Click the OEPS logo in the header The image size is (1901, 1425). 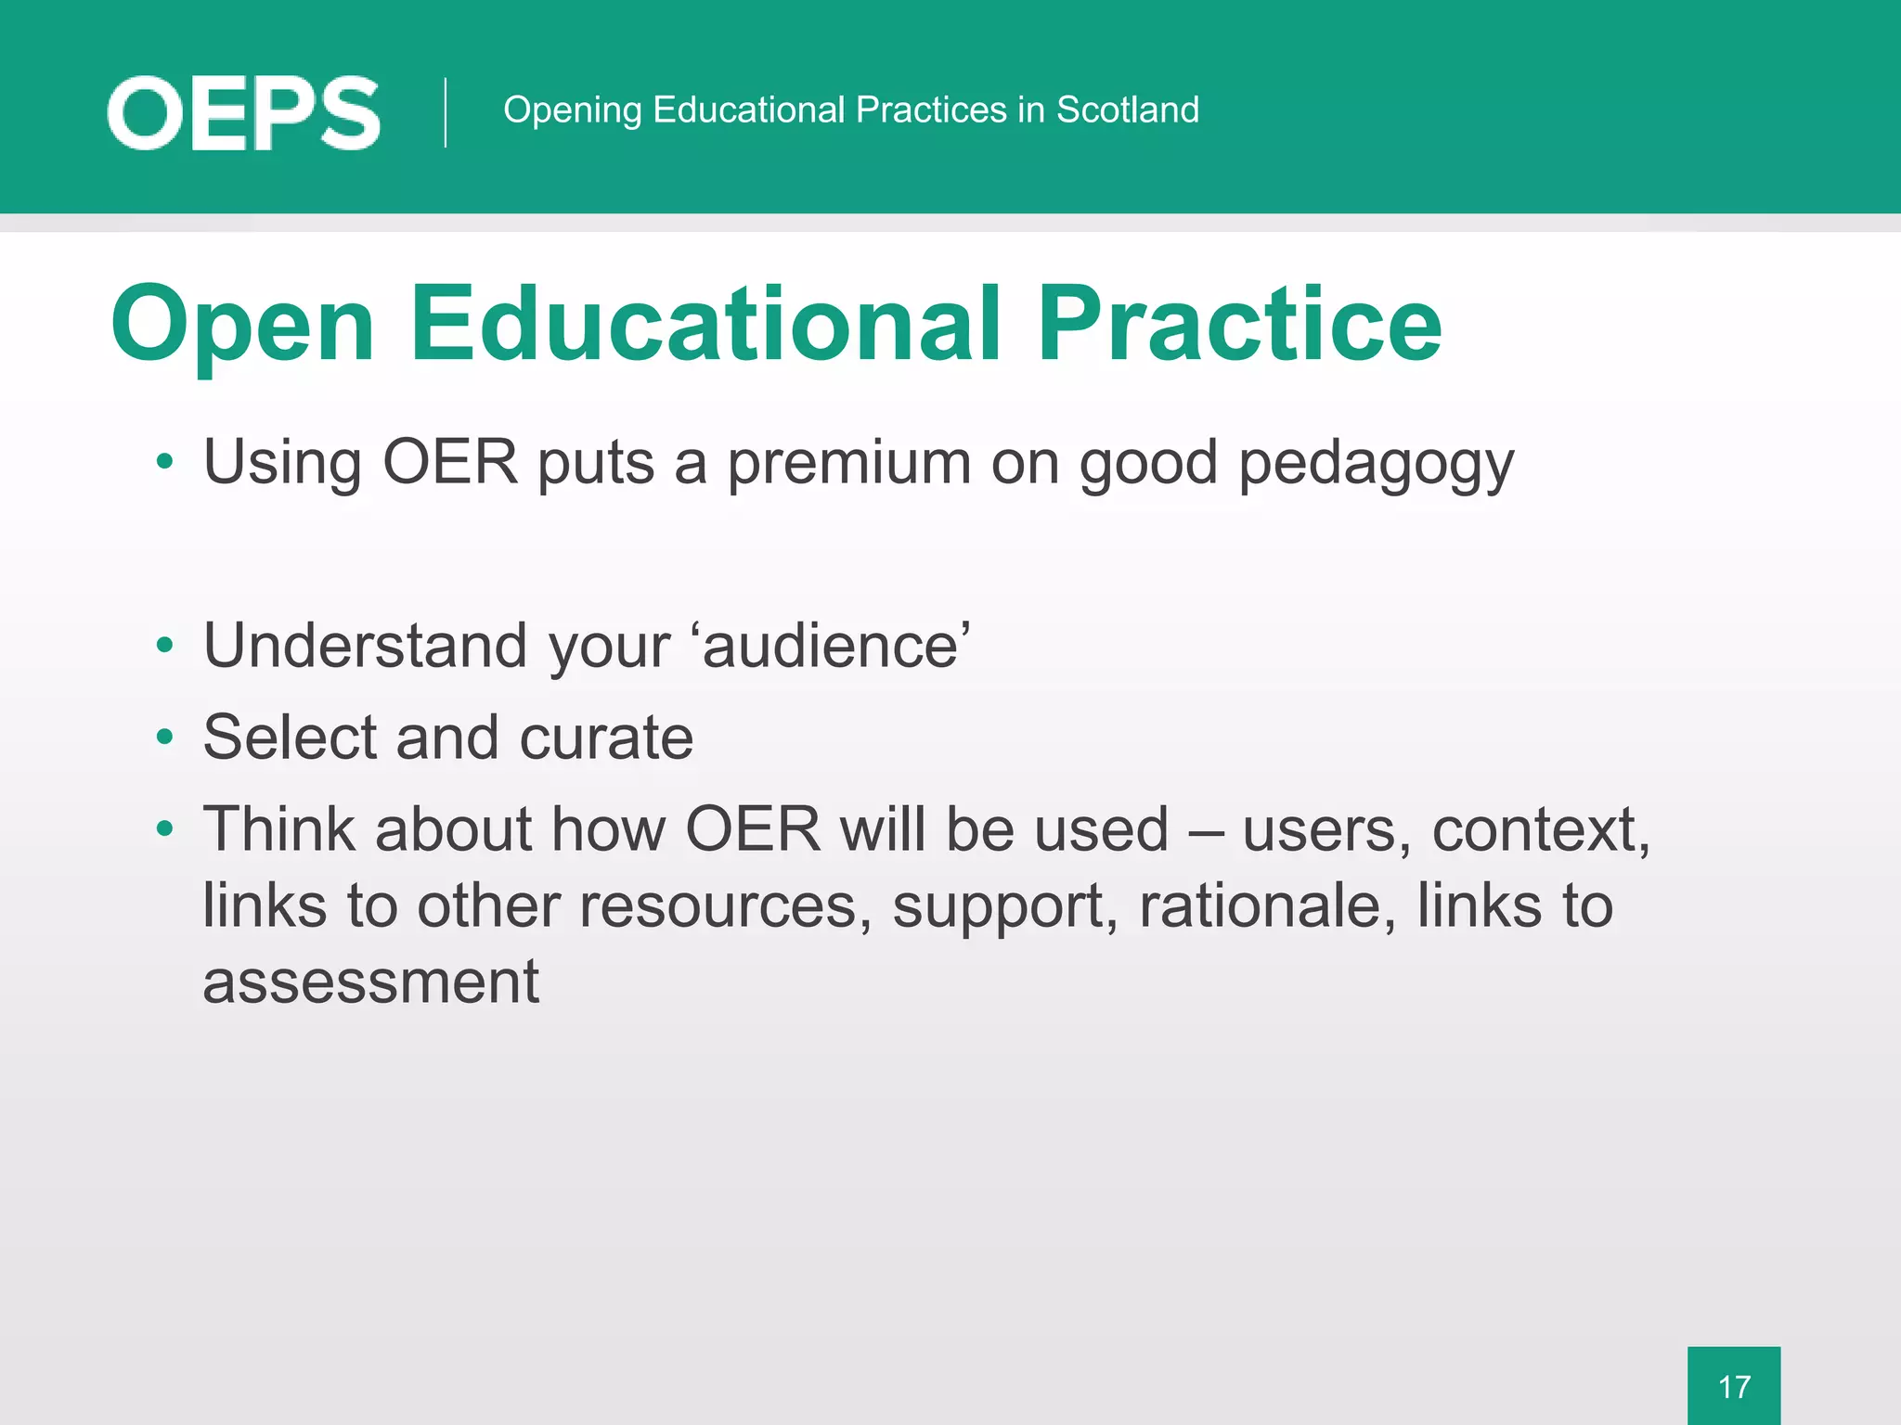(x=243, y=113)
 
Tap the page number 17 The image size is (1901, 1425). (x=1733, y=1387)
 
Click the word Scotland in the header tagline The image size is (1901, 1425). (x=1127, y=109)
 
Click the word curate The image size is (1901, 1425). (x=606, y=738)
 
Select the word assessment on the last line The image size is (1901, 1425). (x=370, y=982)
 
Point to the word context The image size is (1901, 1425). (x=1540, y=829)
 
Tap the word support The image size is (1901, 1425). (x=1004, y=907)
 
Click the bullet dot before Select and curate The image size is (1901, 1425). (x=165, y=738)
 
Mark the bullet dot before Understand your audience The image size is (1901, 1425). (x=165, y=645)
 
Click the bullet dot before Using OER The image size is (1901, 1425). (x=165, y=461)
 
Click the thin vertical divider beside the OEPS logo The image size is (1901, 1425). (x=446, y=113)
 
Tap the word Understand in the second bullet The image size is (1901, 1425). (x=366, y=645)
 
